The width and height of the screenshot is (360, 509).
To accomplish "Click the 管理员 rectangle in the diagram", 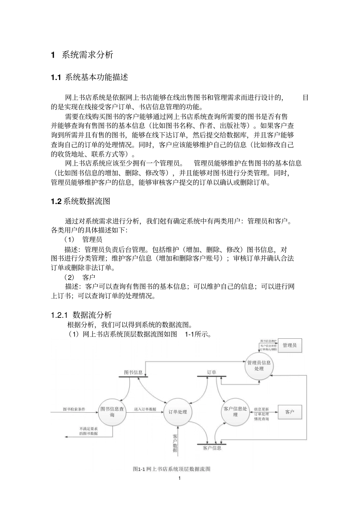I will [x=290, y=346].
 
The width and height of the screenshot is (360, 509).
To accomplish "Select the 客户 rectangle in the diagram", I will [x=290, y=412].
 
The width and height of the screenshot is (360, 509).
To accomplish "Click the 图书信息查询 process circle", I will [x=112, y=412].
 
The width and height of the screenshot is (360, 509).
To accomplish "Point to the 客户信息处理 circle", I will [x=235, y=412].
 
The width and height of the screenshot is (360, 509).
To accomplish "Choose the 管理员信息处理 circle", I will [x=259, y=366].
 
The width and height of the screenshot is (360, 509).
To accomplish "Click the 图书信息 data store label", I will [x=133, y=372].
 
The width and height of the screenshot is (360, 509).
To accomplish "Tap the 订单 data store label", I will [x=211, y=372].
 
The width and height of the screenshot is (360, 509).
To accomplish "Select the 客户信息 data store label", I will [x=212, y=448].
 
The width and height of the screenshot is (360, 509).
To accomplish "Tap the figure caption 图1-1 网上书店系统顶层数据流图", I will [x=172, y=469].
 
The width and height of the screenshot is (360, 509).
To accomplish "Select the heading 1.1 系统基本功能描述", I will [x=89, y=77].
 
